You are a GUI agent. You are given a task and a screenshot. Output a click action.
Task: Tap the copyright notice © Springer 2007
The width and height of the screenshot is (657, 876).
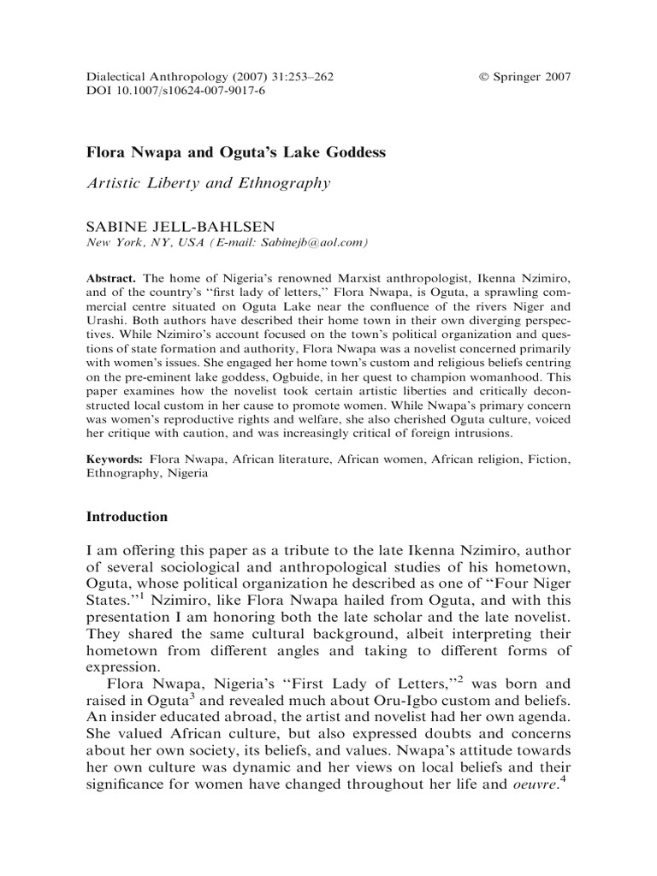(x=524, y=76)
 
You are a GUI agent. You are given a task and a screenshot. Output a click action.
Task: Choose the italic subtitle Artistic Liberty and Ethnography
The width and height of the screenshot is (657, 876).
(x=210, y=181)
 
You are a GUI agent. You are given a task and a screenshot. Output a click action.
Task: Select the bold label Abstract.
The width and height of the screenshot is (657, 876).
(x=113, y=281)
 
